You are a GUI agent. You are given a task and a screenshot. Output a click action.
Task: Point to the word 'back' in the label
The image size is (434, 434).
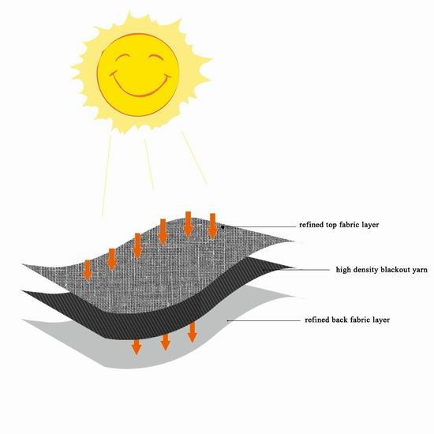point(339,320)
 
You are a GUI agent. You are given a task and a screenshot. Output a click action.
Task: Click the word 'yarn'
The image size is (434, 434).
point(419,270)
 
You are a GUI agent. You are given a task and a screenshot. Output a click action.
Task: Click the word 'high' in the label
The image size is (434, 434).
point(342,270)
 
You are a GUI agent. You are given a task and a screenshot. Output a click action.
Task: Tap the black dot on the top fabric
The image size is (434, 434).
point(223,227)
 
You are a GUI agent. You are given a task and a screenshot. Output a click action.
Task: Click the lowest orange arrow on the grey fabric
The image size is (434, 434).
point(88,271)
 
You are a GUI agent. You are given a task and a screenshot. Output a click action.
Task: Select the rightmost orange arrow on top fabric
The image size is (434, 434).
point(212,226)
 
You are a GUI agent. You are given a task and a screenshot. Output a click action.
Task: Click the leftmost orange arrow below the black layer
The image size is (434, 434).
point(137,346)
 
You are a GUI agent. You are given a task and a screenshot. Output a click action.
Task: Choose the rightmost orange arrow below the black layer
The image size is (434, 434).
point(192,332)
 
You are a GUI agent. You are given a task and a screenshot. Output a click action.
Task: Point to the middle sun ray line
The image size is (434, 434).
point(149,164)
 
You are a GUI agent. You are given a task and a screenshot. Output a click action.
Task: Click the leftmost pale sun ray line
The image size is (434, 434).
point(107,176)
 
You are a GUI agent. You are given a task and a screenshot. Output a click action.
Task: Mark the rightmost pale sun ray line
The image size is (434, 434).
point(195,158)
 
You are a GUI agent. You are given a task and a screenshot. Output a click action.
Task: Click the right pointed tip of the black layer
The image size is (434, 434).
point(295,268)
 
